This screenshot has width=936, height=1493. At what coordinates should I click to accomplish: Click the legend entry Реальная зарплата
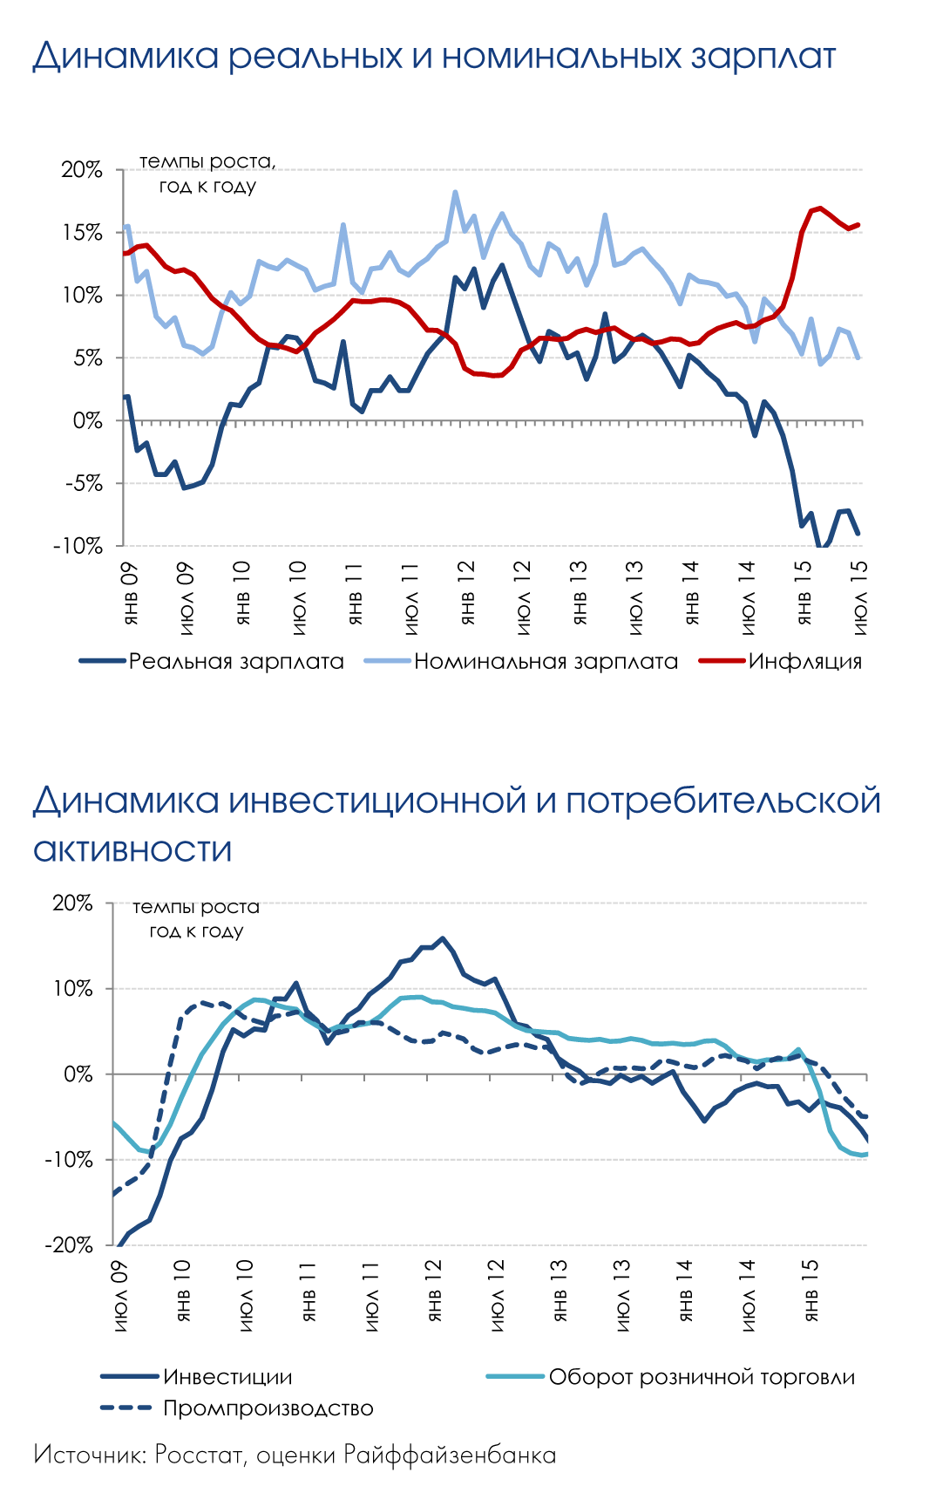point(236,662)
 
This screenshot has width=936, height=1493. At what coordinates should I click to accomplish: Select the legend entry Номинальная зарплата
point(546,662)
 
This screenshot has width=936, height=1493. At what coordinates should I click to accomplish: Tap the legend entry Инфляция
point(804,662)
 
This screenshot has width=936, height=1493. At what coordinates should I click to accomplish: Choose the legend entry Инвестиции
point(227,1377)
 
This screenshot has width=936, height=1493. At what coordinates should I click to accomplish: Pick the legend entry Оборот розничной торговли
point(702,1377)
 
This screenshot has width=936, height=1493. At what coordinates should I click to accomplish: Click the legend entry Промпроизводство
point(268,1408)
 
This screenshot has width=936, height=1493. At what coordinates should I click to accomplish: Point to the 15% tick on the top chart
point(82,233)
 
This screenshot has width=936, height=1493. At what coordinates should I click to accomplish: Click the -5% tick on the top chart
point(82,484)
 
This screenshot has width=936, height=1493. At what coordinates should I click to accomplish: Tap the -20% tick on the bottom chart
point(70,1245)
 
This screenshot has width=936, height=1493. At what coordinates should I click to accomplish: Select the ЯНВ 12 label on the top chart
point(467,593)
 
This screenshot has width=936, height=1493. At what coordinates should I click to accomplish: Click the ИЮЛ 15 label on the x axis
point(860,597)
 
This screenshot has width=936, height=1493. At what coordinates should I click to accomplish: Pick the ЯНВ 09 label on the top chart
point(131,593)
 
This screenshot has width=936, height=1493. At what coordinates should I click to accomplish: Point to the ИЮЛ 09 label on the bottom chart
point(120,1295)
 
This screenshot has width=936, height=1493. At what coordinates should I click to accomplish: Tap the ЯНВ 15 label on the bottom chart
point(811,1290)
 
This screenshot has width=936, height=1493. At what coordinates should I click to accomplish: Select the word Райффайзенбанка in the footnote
point(449,1455)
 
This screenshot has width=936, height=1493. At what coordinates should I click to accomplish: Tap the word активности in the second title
point(132,849)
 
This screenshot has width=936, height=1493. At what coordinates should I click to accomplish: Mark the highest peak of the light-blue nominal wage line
point(455,193)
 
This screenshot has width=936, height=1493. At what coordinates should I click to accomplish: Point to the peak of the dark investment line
point(443,938)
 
